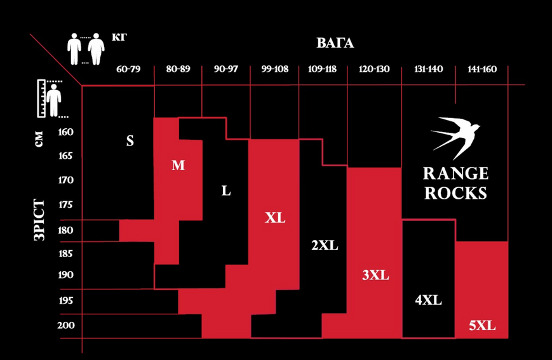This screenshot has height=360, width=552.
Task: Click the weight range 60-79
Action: pos(128,69)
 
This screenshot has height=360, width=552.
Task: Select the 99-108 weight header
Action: pos(274,69)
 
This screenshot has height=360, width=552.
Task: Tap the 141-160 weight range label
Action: pos(482,69)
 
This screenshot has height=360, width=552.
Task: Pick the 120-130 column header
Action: pos(374,69)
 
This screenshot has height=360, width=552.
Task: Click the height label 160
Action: pos(66,132)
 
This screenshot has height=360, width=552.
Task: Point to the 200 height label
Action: pos(66,325)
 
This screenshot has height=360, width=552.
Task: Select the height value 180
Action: pos(66,230)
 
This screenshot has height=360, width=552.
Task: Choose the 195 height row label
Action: pos(66,300)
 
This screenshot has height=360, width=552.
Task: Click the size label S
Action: pos(130,141)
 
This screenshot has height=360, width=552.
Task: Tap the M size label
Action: pos(178,165)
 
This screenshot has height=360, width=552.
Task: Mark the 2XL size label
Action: pos(325,245)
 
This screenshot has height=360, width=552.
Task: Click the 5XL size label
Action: pos(482,326)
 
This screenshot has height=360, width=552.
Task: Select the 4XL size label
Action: pos(428,300)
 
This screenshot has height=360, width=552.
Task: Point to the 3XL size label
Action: pos(375,275)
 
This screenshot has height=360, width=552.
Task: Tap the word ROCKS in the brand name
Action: pos(455,193)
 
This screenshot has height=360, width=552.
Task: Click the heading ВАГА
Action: pos(335,43)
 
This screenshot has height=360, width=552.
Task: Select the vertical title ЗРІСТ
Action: pos(39,220)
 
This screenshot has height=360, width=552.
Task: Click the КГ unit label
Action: pos(119,37)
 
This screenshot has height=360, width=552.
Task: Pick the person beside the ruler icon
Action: pos(53,100)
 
